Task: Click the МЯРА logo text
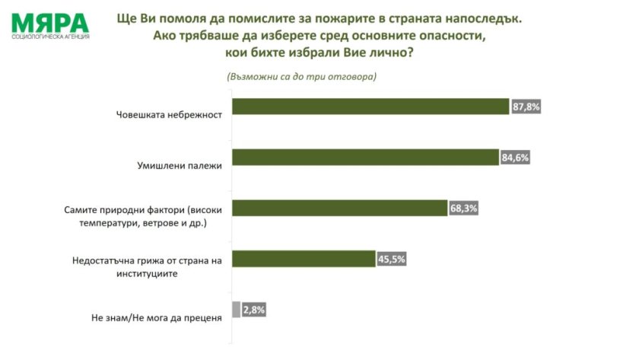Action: tap(50, 22)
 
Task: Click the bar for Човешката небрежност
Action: tap(370, 107)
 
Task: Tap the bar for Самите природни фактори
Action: tap(339, 208)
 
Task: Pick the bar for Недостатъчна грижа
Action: tap(304, 259)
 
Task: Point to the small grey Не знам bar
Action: tap(236, 310)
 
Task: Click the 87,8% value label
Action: tap(526, 107)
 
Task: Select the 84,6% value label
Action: tap(515, 158)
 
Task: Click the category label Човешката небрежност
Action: tap(168, 115)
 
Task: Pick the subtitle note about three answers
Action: tap(301, 77)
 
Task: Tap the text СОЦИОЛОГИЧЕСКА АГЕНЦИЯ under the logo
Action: tap(50, 37)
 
